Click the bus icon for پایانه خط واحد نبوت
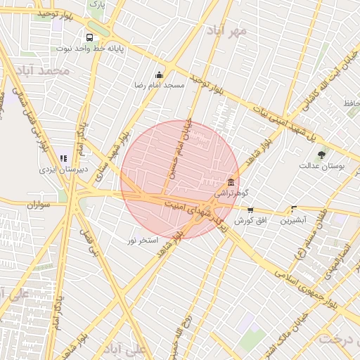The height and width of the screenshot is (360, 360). (x=89, y=38)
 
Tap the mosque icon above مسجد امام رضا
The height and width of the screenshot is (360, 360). (x=160, y=75)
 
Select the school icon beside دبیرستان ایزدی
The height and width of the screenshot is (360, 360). (x=63, y=158)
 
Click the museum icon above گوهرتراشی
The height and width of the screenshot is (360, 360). (x=231, y=182)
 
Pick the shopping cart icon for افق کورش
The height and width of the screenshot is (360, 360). (x=250, y=210)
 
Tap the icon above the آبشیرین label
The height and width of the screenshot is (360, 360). (x=293, y=209)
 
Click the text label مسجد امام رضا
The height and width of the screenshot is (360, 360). (x=160, y=84)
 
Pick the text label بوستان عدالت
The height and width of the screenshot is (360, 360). (x=321, y=166)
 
